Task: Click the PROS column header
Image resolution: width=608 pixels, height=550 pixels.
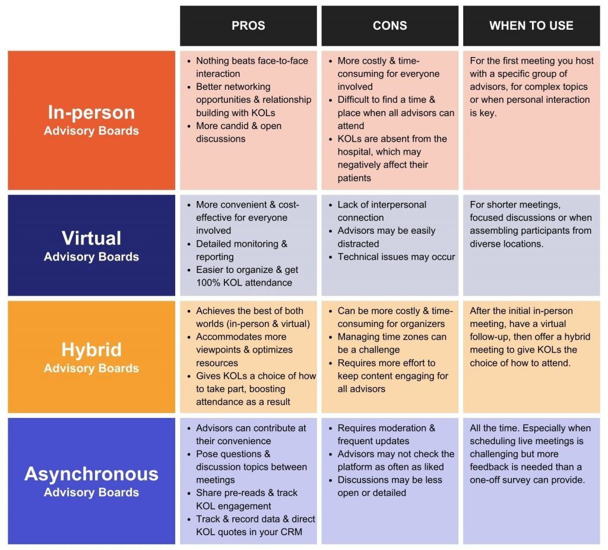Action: tap(248, 26)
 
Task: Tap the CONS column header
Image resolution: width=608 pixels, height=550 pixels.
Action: tap(389, 26)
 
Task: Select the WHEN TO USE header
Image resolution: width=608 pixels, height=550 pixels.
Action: tap(531, 26)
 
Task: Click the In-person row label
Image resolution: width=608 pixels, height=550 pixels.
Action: tap(91, 120)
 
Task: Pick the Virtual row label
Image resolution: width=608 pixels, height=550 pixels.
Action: tap(91, 245)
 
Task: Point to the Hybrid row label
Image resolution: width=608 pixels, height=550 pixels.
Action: tap(91, 356)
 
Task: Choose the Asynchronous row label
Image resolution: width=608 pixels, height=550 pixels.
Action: tap(91, 480)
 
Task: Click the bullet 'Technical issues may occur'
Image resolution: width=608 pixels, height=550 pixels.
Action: tap(396, 257)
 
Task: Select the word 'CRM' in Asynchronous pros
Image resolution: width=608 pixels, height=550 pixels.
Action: tap(290, 532)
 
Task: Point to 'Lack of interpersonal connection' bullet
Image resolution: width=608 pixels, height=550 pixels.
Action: tap(382, 211)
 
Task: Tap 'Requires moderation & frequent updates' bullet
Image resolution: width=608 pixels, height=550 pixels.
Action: tap(386, 435)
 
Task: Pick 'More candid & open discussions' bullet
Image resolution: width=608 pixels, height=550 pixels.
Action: tap(239, 132)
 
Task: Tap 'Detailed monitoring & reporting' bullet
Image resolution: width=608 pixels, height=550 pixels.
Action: tap(241, 250)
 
